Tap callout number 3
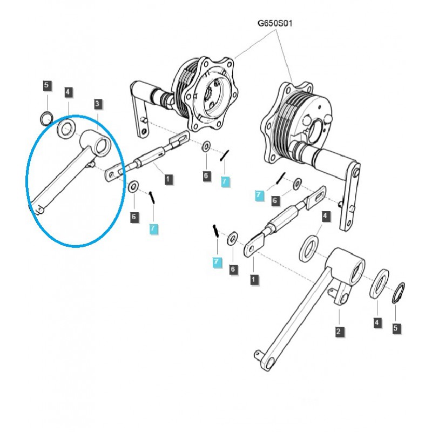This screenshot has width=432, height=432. pyautogui.click(x=97, y=103)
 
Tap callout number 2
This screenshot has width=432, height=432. pyautogui.click(x=338, y=331)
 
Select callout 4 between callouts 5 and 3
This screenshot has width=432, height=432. pyautogui.click(x=67, y=92)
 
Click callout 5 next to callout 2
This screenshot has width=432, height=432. pyautogui.click(x=395, y=327)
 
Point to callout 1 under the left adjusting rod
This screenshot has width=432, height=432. pyautogui.click(x=168, y=178)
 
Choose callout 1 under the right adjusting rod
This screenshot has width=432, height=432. pyautogui.click(x=253, y=279)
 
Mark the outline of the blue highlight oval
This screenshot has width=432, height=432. pyautogui.click(x=27, y=178)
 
